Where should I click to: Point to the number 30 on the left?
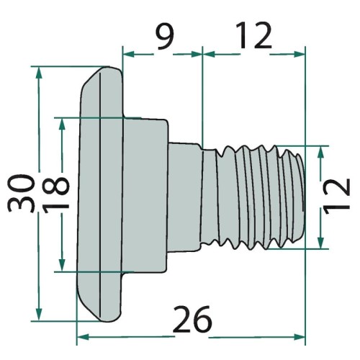pyautogui.click(x=22, y=193)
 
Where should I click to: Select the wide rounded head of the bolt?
pyautogui.click(x=101, y=194)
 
